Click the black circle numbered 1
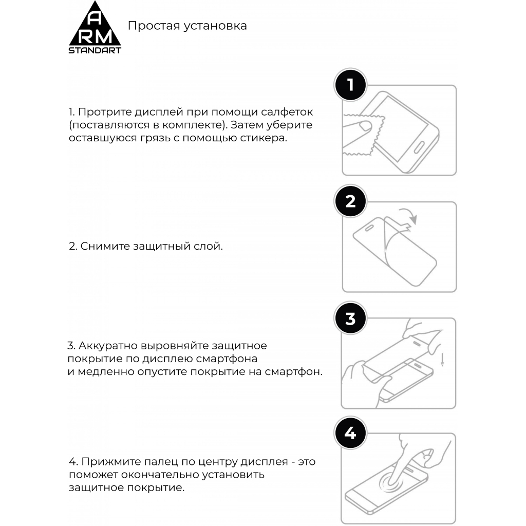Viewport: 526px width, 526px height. [x=351, y=85]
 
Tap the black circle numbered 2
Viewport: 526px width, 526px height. [x=351, y=201]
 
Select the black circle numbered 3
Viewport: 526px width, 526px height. [x=351, y=318]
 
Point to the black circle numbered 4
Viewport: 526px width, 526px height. [x=351, y=434]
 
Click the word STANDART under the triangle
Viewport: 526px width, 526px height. [x=95, y=50]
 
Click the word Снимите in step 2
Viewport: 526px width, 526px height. [x=105, y=246]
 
